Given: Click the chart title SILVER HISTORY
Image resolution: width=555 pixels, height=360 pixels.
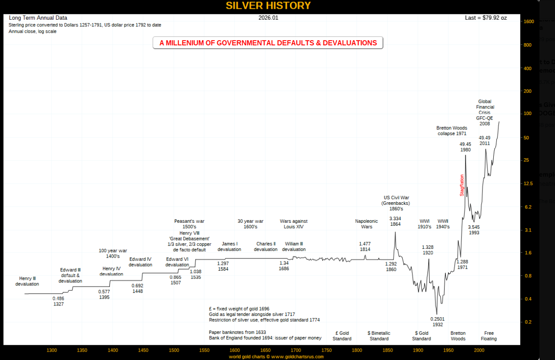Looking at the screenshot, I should (268, 6).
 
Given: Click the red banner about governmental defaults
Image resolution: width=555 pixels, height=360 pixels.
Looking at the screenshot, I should (268, 43).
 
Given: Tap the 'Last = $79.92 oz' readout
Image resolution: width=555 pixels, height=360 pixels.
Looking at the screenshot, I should (486, 18).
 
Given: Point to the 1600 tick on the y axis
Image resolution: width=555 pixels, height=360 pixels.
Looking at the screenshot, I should (529, 21).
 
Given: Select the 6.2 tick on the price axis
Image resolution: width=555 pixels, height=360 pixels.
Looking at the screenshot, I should (528, 207).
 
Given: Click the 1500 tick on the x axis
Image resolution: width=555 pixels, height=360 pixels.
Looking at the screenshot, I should (174, 350).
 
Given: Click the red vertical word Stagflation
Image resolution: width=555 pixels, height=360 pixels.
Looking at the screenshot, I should (462, 185).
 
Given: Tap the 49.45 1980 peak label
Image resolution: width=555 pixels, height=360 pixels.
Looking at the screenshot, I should (465, 147).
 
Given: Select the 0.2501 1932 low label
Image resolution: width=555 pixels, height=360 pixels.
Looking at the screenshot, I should (438, 321).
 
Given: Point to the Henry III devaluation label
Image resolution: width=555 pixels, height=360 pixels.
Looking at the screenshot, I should (27, 281).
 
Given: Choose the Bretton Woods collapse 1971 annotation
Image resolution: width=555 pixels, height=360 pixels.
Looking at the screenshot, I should (452, 131).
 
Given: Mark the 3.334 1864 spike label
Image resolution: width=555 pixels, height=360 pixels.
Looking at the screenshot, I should (395, 221).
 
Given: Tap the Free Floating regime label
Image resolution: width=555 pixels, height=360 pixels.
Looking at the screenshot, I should (489, 336).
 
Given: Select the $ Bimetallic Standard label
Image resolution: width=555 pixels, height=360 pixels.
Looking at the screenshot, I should (379, 336).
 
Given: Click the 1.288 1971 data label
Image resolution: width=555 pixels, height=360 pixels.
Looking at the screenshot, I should (462, 264).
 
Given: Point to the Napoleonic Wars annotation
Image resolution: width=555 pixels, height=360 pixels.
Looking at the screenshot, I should (366, 224).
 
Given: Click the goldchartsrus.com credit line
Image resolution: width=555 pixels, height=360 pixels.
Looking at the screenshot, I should (276, 357).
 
